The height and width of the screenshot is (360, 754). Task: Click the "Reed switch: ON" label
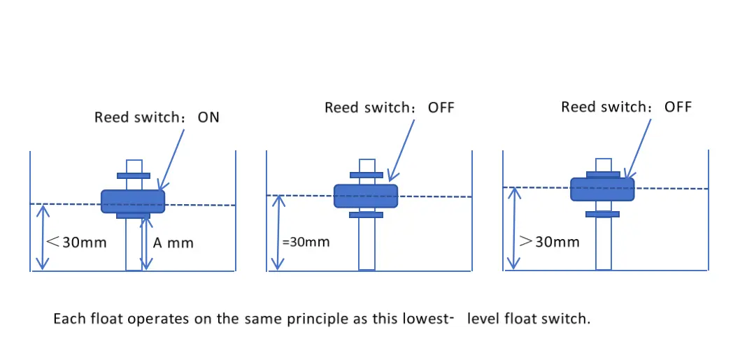tap(157, 117)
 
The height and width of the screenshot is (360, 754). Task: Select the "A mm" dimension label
tap(173, 243)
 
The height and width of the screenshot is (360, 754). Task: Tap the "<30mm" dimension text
tap(76, 242)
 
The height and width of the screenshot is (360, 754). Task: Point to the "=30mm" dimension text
tap(306, 241)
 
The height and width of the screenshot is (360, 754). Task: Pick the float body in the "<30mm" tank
tap(133, 201)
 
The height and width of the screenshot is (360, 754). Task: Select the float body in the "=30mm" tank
tap(366, 196)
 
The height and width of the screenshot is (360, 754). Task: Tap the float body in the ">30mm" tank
tap(602, 189)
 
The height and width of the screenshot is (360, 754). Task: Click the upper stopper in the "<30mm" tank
tap(134, 176)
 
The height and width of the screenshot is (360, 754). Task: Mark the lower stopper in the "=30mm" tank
tap(366, 215)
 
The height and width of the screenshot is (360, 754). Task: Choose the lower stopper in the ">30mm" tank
tap(602, 214)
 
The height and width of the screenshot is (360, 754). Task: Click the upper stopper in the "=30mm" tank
tap(367, 175)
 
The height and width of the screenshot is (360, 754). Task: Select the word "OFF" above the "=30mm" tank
tap(441, 107)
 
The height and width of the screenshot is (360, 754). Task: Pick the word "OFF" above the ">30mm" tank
tap(678, 107)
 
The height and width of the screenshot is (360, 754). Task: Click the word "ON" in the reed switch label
tap(208, 117)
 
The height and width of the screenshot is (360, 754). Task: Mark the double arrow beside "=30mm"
tap(277, 232)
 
